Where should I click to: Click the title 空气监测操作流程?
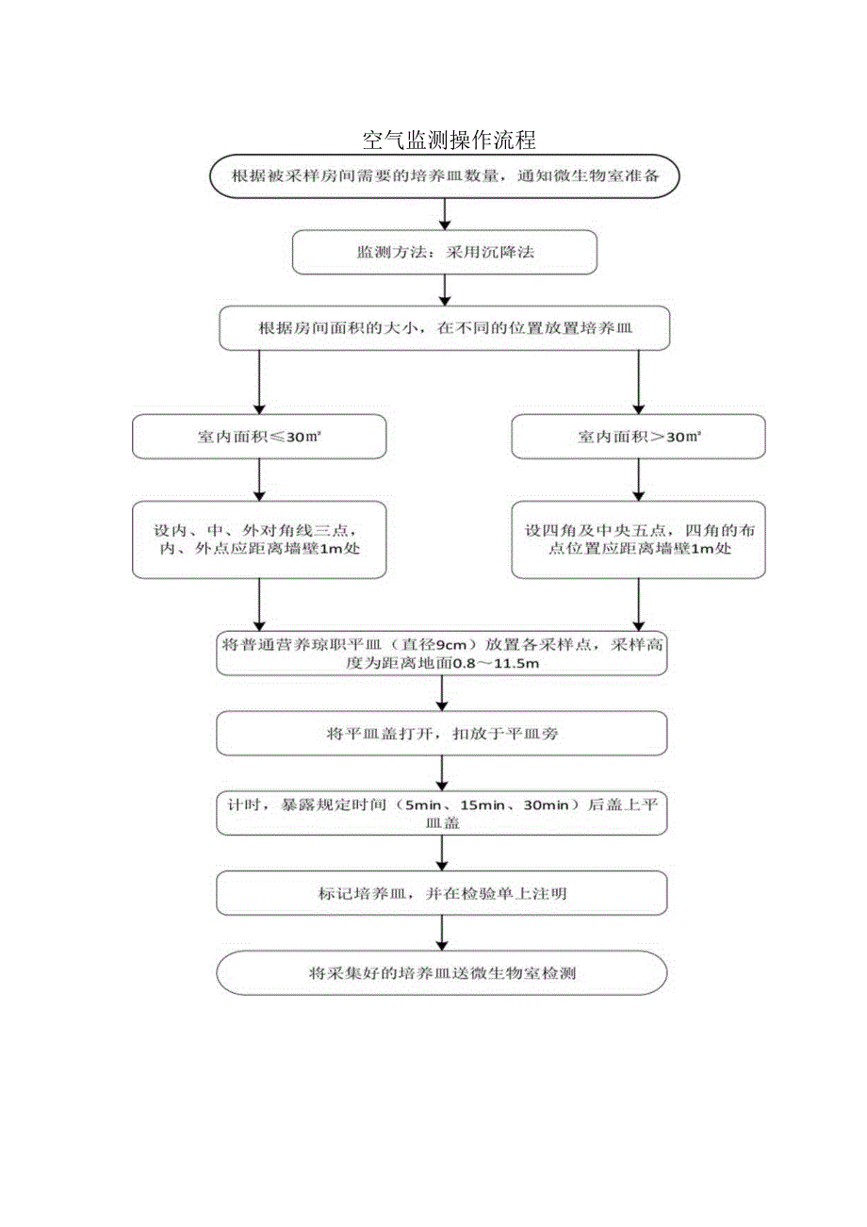point(450,141)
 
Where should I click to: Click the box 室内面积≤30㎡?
point(259,438)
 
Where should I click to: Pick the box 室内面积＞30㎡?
point(638,438)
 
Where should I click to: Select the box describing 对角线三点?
point(259,540)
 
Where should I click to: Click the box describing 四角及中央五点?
point(638,540)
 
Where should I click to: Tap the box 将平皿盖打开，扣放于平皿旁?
point(442,734)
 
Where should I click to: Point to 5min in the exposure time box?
point(420,804)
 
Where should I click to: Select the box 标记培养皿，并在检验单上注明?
point(442,893)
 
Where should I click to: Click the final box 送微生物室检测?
point(442,973)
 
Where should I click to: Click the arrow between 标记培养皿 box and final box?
point(442,933)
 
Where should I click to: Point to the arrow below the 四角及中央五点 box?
point(638,604)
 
